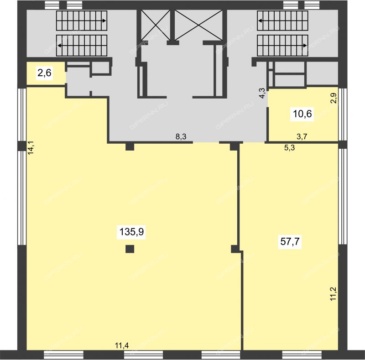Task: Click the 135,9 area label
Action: tap(131, 232)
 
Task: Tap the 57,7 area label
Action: tap(290, 241)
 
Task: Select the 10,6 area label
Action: tap(302, 114)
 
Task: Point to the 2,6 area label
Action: tap(44, 73)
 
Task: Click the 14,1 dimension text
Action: tap(31, 148)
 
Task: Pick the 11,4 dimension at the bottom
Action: tap(122, 345)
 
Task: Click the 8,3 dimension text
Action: tap(181, 136)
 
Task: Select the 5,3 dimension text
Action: tap(289, 148)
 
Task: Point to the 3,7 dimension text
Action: tap(302, 136)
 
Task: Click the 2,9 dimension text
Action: tap(334, 98)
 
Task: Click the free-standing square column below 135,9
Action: tap(130, 249)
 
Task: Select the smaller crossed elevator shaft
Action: tap(156, 25)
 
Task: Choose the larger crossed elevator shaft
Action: tap(198, 25)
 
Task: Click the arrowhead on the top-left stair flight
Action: tap(104, 21)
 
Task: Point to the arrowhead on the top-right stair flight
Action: tap(260, 21)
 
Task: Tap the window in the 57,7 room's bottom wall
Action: tap(302, 355)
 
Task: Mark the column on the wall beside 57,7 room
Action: tap(235, 249)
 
